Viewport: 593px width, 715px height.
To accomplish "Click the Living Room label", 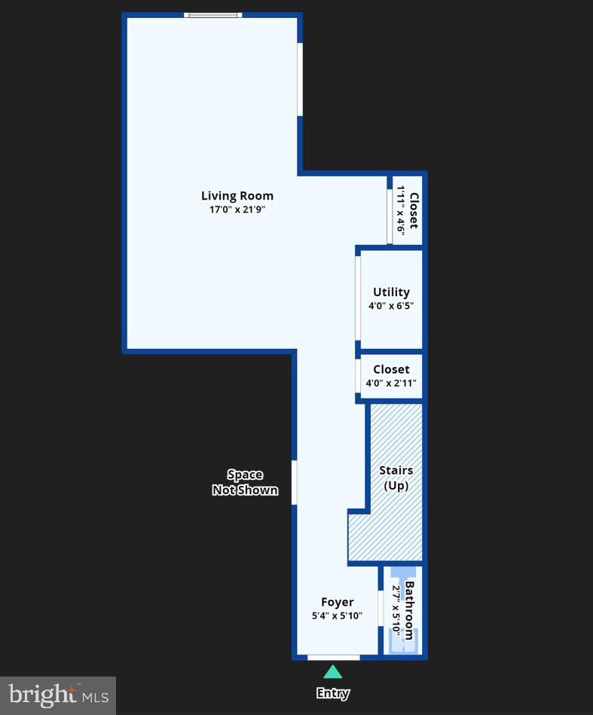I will point(237,196).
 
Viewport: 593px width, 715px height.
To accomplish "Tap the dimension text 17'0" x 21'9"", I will point(237,210).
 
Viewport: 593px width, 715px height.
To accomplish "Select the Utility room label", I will point(391,292).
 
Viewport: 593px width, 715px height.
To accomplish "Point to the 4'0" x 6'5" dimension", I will point(391,306).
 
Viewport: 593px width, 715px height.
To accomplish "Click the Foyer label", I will point(337,602).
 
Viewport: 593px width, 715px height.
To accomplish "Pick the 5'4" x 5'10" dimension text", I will point(337,616).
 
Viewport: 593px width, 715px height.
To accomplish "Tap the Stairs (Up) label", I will point(396,478).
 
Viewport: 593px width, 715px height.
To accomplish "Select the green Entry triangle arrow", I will point(332,672).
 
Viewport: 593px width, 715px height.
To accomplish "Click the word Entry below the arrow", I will point(332,693).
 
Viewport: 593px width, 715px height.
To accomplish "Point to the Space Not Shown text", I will point(245,482).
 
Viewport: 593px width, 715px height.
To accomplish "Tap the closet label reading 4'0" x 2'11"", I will point(391,383).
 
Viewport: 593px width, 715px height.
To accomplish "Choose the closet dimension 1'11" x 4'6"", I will point(401,210).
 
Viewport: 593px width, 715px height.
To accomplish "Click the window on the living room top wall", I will point(213,14).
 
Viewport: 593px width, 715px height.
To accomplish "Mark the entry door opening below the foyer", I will point(333,657).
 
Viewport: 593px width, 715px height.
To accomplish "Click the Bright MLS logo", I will point(58,694).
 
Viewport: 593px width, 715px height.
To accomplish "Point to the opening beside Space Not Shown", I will point(295,482).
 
